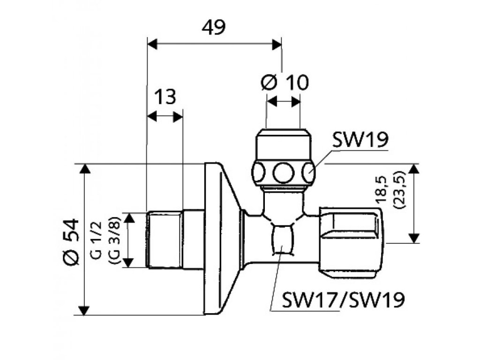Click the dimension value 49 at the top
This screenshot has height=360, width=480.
(x=214, y=27)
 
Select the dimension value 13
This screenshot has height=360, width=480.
(x=165, y=97)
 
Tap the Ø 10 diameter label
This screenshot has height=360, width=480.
(x=285, y=83)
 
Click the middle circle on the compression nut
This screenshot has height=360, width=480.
(x=283, y=172)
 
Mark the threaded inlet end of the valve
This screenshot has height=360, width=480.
(x=165, y=240)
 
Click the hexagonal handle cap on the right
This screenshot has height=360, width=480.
(x=351, y=240)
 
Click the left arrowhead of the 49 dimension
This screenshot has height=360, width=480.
(x=152, y=44)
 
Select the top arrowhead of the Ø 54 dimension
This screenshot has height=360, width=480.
(x=84, y=169)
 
